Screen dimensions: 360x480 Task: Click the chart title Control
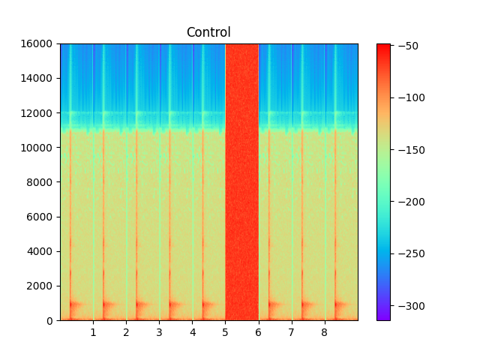(208, 32)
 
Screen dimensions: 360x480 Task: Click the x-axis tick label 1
(93, 331)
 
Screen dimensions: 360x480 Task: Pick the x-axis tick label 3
(159, 331)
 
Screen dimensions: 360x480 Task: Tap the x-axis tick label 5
(225, 331)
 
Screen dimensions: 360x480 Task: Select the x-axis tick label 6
(258, 331)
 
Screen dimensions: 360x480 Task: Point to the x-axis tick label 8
(324, 331)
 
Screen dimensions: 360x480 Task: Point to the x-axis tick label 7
(291, 331)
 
